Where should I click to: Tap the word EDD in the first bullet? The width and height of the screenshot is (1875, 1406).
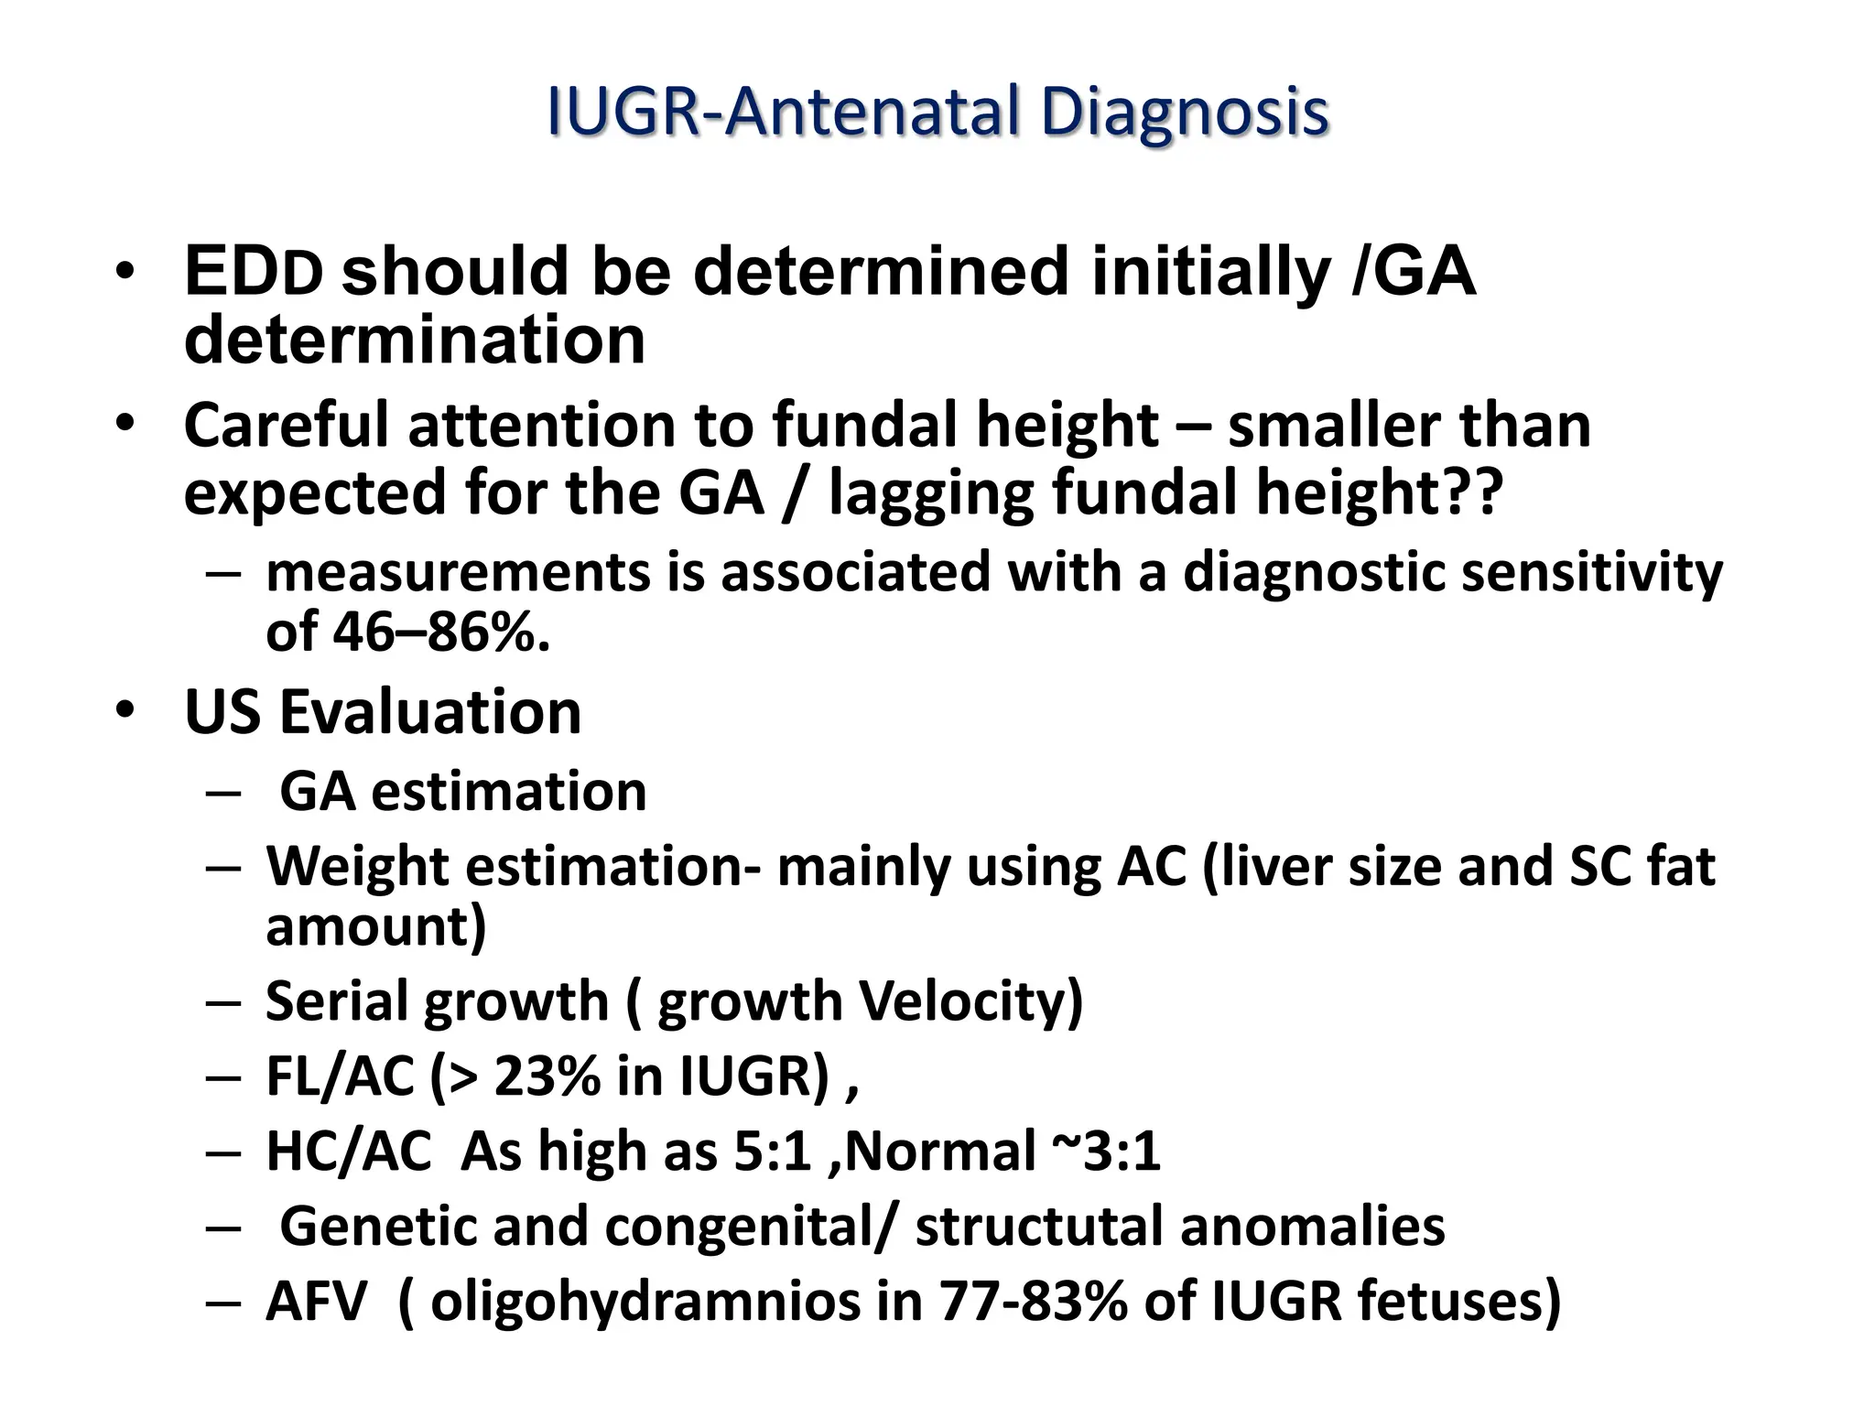tap(254, 272)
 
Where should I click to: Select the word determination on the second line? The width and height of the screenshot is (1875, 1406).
tap(415, 340)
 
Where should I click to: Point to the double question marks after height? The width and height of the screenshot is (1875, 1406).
tap(1476, 492)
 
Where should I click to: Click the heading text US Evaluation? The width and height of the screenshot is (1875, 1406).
tap(383, 712)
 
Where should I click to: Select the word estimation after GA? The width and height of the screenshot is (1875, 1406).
tap(509, 791)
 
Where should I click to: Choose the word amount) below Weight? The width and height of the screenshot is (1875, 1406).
tap(375, 926)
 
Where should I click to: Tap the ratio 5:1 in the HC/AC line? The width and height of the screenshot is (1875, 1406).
tap(773, 1152)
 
